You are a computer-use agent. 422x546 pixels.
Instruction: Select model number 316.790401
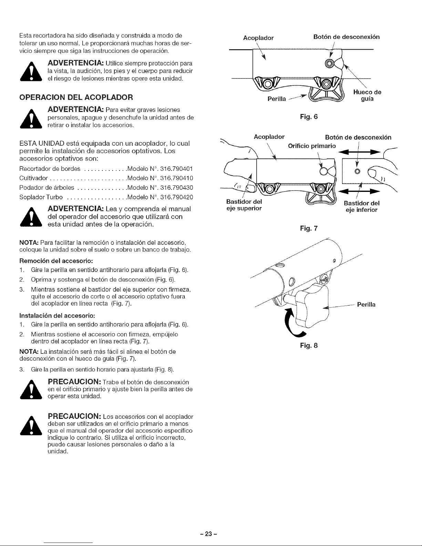click(x=175, y=169)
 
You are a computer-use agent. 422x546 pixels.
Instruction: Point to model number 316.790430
click(x=175, y=187)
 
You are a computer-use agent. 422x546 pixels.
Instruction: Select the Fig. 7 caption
click(x=308, y=228)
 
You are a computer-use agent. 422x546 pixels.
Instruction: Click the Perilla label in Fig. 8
click(x=366, y=305)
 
